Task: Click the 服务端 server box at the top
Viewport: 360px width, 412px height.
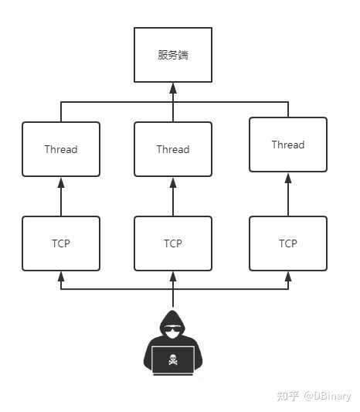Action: click(x=172, y=55)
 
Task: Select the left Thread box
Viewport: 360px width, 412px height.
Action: click(x=61, y=149)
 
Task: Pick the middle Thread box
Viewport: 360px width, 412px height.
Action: click(x=172, y=149)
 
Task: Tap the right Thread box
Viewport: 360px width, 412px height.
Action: click(x=287, y=145)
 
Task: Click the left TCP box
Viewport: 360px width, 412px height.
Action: click(x=61, y=243)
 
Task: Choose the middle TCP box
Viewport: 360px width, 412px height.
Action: click(x=172, y=243)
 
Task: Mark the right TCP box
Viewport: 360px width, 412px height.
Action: click(x=287, y=243)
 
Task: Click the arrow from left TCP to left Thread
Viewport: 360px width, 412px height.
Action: click(x=61, y=197)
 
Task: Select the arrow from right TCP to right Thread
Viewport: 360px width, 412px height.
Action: click(x=287, y=195)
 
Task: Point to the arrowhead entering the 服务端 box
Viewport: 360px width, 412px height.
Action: click(x=172, y=87)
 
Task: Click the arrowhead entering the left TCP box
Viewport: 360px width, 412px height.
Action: click(x=61, y=277)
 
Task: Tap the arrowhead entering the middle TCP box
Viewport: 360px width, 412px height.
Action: click(x=172, y=277)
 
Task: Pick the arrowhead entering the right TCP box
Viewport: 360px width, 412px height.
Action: click(x=287, y=277)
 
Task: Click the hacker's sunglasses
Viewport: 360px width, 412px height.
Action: click(x=172, y=330)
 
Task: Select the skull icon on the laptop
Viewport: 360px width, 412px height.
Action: click(x=172, y=358)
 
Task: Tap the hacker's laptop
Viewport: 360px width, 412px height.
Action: click(x=172, y=359)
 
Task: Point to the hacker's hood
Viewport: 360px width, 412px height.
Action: click(x=172, y=318)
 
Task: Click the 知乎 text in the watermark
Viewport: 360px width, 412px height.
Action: click(x=288, y=396)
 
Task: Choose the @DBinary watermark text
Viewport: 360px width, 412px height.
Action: click(x=327, y=396)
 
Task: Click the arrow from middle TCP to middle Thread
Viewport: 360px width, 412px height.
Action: click(x=172, y=197)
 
